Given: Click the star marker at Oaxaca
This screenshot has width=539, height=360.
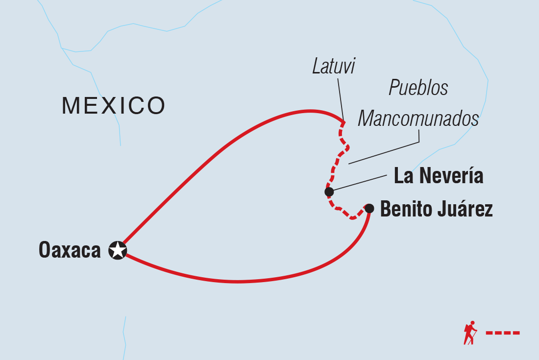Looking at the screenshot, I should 118,250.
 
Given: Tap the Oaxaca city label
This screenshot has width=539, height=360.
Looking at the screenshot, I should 70,250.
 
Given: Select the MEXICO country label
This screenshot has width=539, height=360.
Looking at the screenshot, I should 113,105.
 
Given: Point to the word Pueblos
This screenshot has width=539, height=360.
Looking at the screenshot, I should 418,88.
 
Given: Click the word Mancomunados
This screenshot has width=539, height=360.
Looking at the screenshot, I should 418,119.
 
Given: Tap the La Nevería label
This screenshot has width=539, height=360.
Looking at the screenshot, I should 439,176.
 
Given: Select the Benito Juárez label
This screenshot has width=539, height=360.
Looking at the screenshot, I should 436,210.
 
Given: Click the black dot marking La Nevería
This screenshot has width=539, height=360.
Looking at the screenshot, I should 329,192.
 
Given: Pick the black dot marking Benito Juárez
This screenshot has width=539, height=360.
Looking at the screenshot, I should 369,209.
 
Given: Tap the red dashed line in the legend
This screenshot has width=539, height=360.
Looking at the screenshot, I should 503,333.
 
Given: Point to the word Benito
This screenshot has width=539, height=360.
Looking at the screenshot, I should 402,210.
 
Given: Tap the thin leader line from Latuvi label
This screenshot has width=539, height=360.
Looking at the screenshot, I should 340,98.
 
